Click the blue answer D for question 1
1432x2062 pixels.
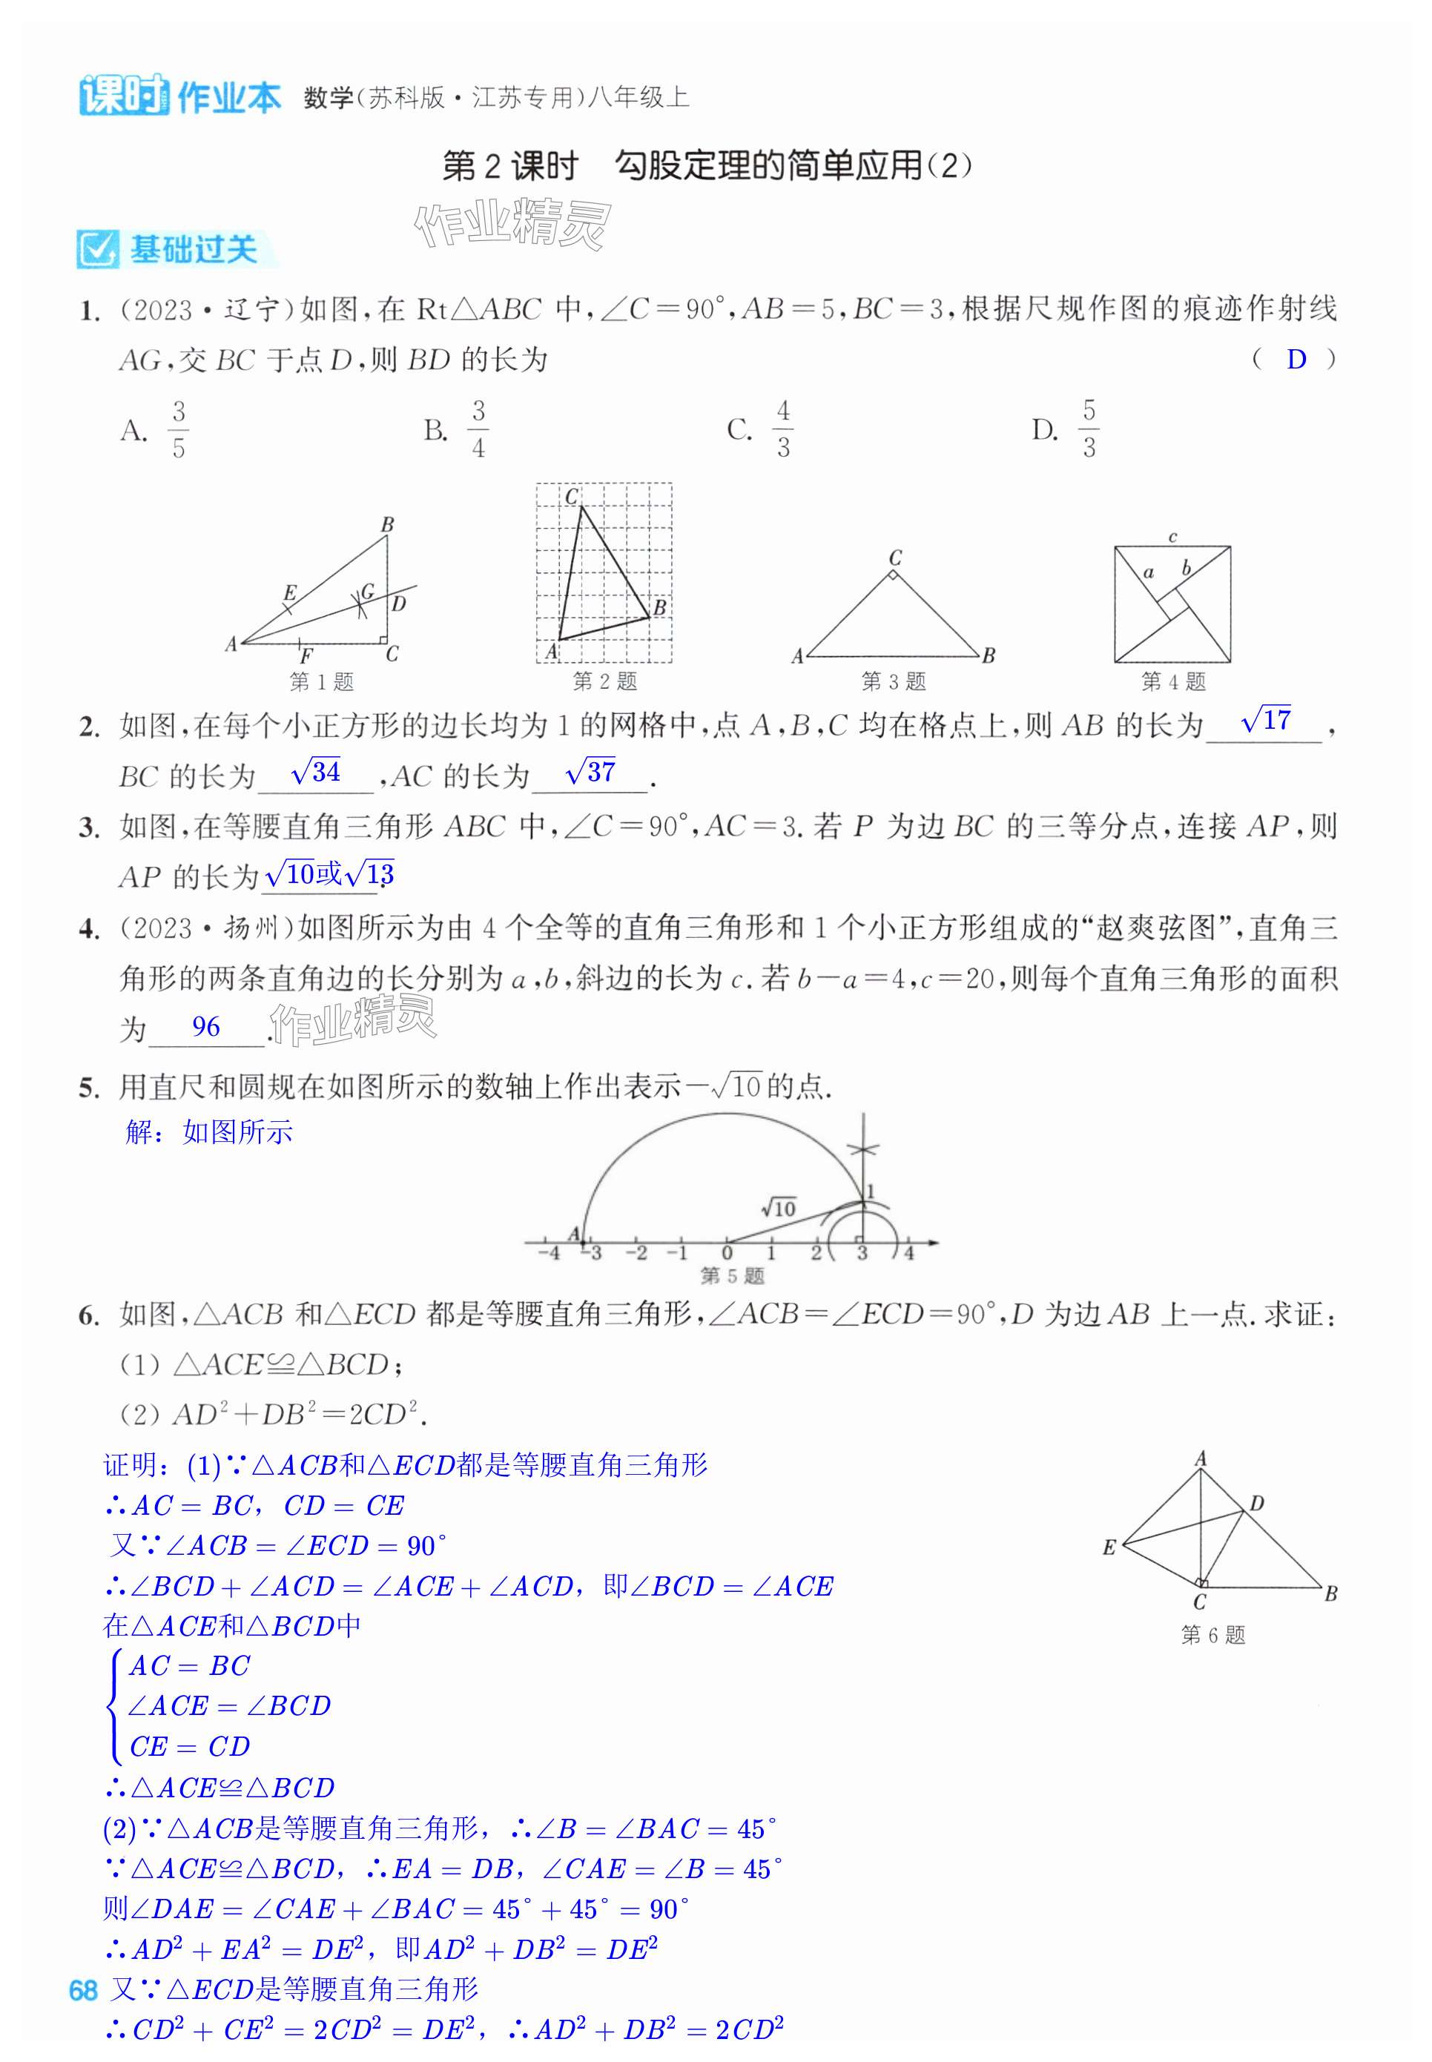pyautogui.click(x=1296, y=360)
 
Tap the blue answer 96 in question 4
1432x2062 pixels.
pyautogui.click(x=205, y=1027)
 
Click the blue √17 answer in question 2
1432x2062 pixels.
pyautogui.click(x=1265, y=720)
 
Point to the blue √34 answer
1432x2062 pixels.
pyautogui.click(x=316, y=773)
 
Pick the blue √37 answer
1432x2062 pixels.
pyautogui.click(x=590, y=773)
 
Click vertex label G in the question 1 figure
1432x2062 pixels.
pyautogui.click(x=367, y=591)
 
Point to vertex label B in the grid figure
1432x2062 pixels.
pyautogui.click(x=659, y=607)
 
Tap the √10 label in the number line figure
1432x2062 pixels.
pyautogui.click(x=778, y=1208)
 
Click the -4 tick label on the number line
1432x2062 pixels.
pyautogui.click(x=548, y=1253)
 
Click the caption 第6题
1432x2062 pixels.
pyautogui.click(x=1213, y=1635)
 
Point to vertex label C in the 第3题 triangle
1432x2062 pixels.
pyautogui.click(x=894, y=557)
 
